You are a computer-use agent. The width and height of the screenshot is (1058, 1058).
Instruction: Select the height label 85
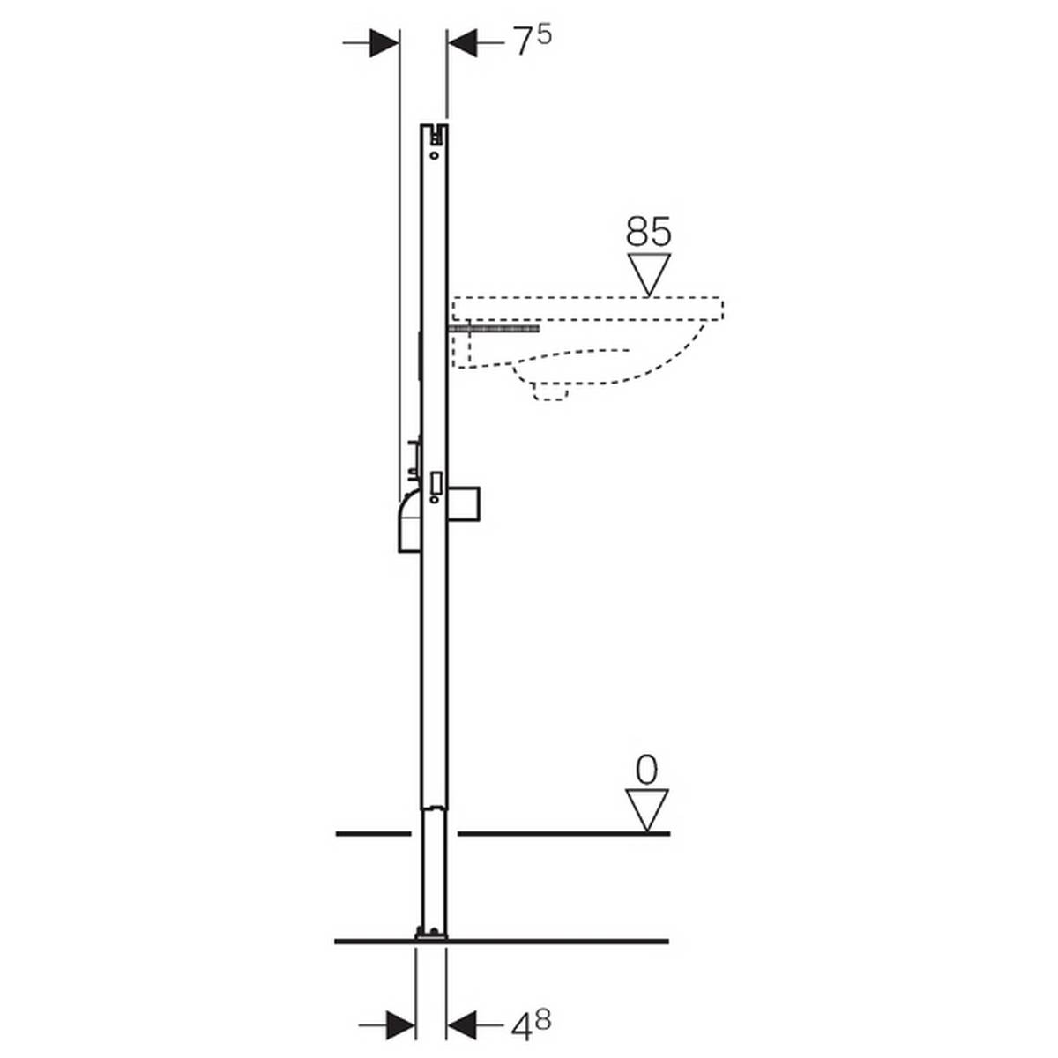(x=648, y=232)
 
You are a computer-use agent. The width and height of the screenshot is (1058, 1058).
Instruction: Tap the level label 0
(x=646, y=770)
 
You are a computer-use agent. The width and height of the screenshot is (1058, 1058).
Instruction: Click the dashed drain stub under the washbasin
(x=551, y=391)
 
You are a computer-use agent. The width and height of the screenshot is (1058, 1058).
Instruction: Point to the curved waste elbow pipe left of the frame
(x=407, y=520)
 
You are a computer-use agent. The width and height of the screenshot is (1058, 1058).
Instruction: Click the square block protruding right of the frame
(x=466, y=503)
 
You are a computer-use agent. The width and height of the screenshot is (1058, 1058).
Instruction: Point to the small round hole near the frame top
(x=434, y=155)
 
